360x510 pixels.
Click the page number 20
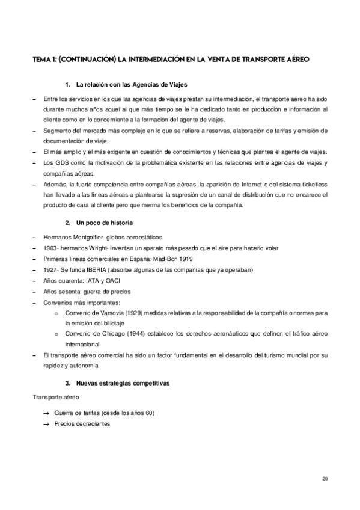pos(325,479)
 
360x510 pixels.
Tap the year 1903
pos(50,248)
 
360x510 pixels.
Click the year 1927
pos(50,269)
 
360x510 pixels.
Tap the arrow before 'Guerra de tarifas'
pos(46,413)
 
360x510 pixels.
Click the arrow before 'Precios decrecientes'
pos(46,423)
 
